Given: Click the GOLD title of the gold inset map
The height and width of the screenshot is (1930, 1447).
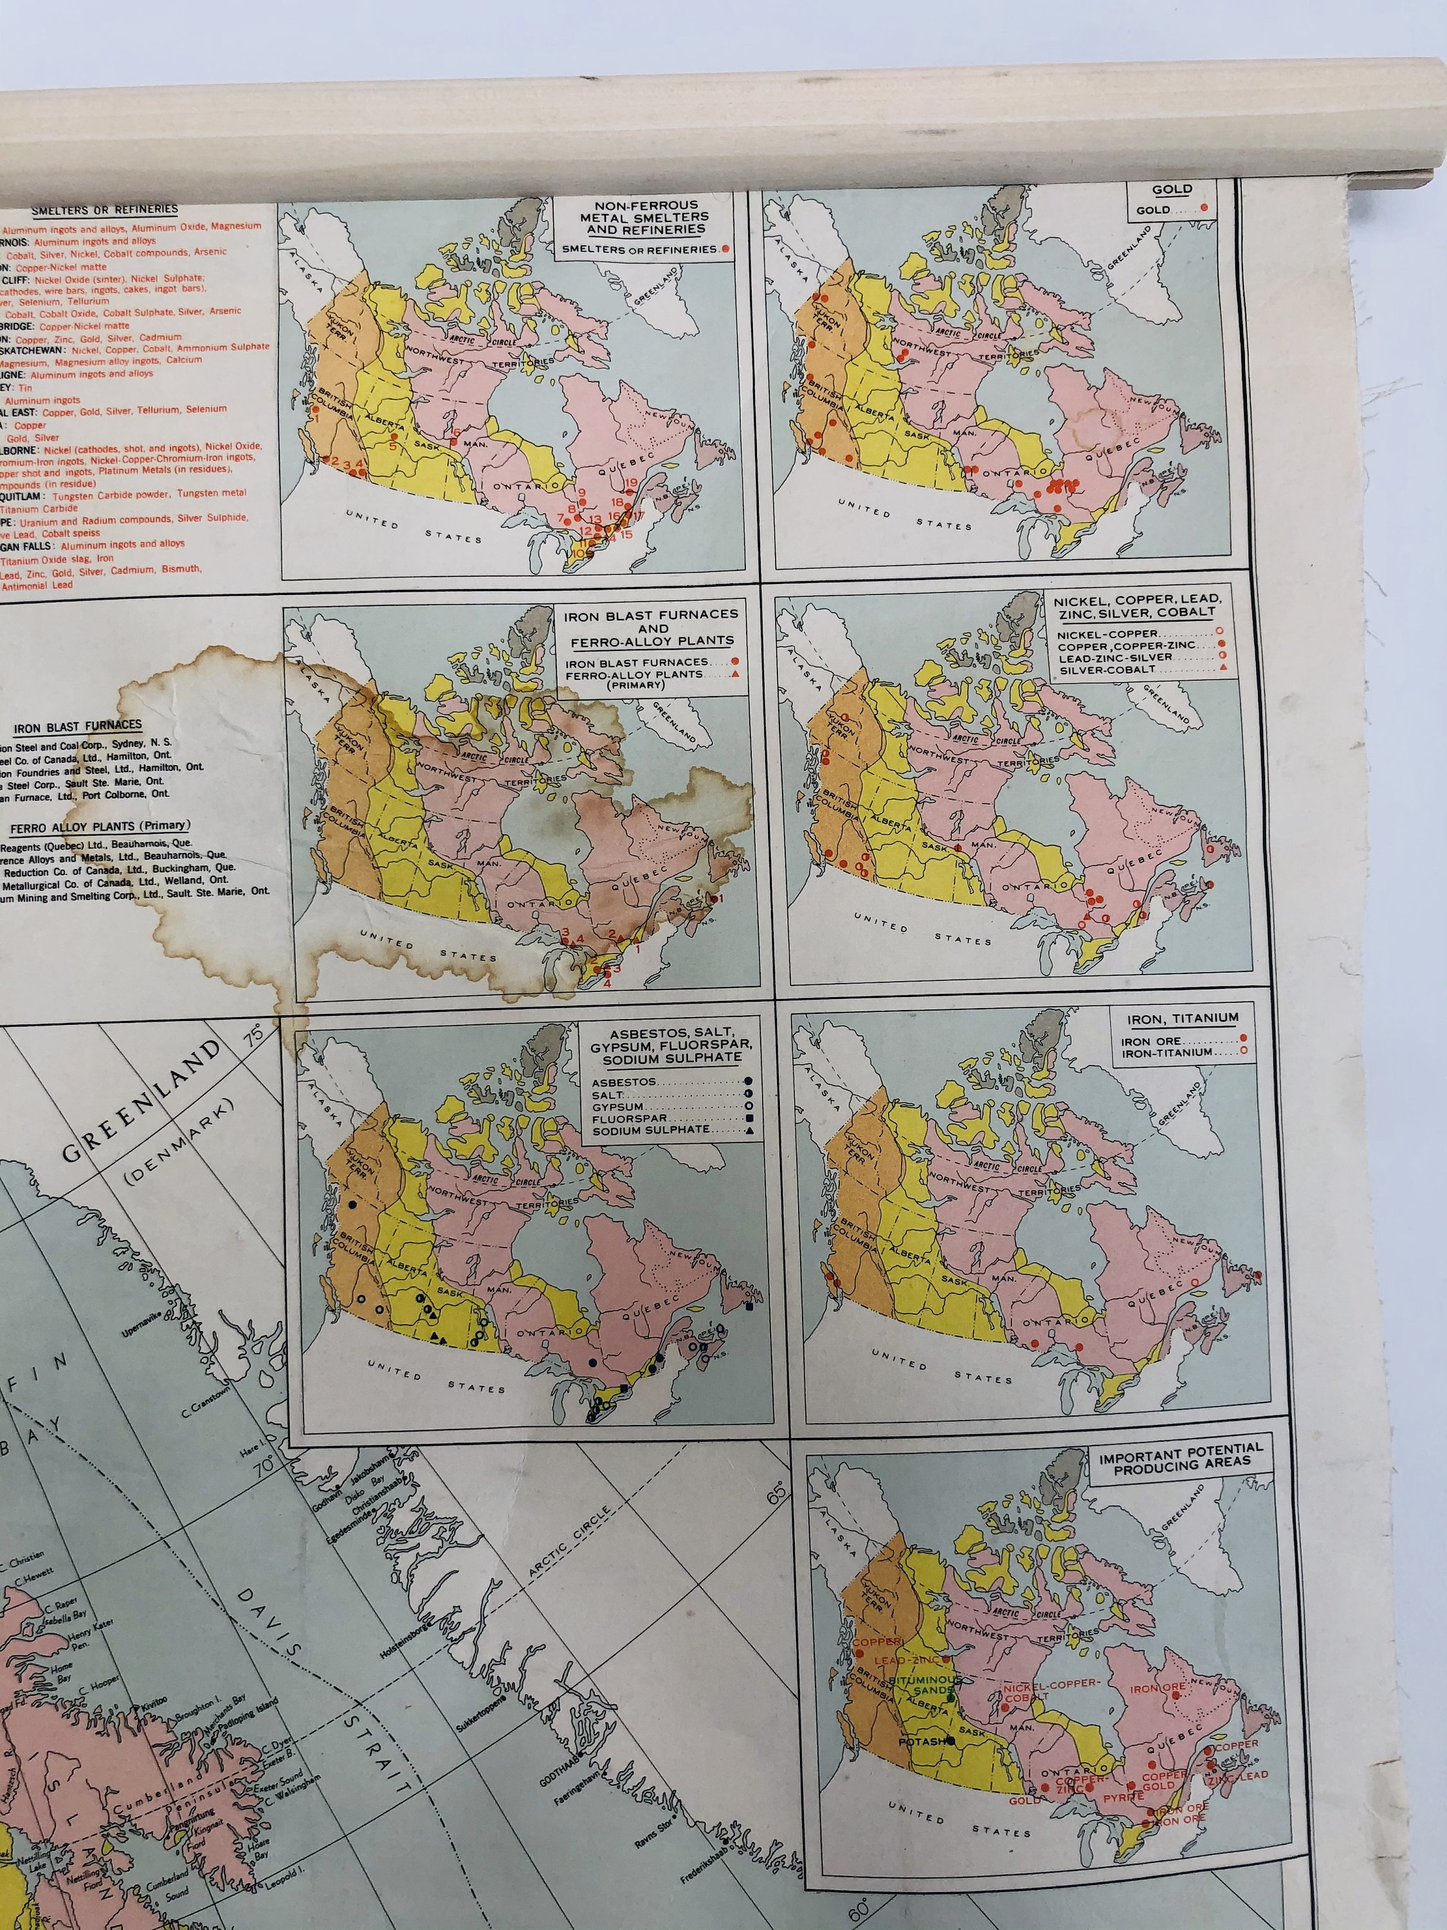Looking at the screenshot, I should tap(1171, 189).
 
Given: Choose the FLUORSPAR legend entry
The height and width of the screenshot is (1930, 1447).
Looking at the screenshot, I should tap(630, 1119).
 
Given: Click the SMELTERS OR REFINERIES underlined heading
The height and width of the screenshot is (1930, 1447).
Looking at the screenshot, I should tap(105, 209).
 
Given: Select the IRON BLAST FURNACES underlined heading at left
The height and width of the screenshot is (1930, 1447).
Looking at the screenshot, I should tap(78, 726).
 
